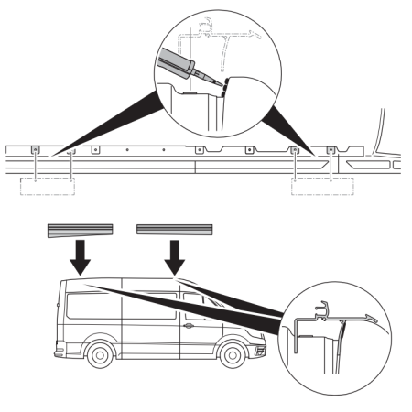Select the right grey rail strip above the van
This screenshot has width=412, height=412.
coord(174,228)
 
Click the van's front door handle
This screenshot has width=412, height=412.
coord(187,325)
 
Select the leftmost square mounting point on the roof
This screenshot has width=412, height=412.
coord(34,149)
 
